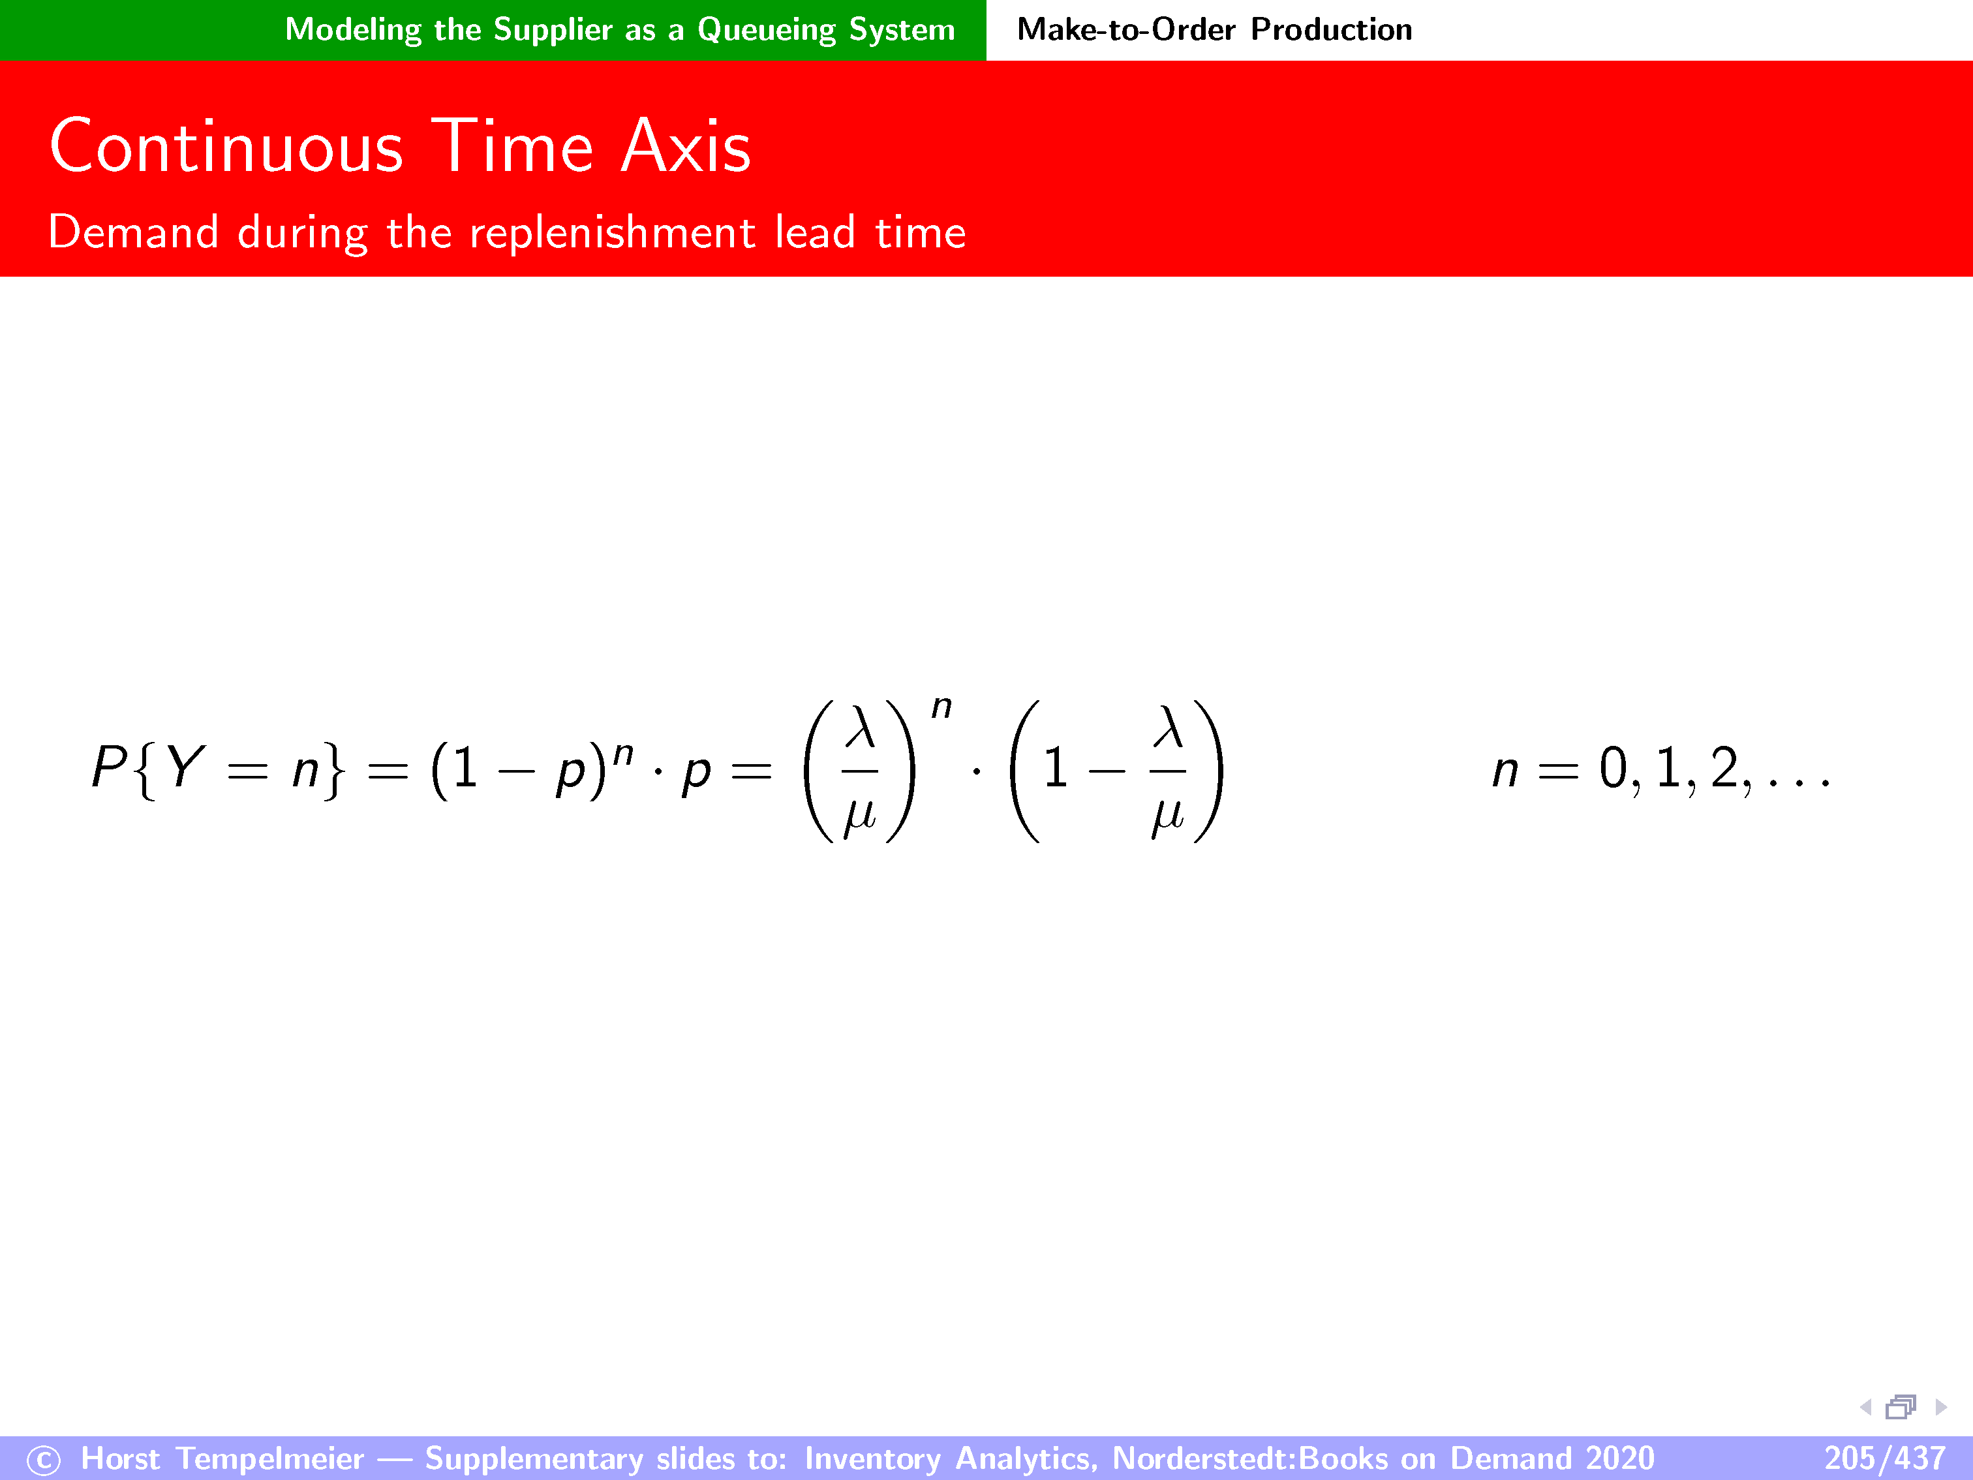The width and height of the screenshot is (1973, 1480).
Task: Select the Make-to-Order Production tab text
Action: pyautogui.click(x=1214, y=29)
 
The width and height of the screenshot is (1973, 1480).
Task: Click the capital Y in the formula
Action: pyautogui.click(x=185, y=767)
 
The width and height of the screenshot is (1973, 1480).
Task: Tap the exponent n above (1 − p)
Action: pyautogui.click(x=624, y=755)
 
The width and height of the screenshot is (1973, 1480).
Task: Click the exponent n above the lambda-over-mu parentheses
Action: pyautogui.click(x=941, y=708)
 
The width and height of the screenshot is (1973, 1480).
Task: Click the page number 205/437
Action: pyautogui.click(x=1884, y=1458)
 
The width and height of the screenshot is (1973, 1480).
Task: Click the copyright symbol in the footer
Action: pyautogui.click(x=44, y=1460)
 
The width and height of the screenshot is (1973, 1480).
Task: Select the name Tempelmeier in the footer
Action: pyautogui.click(x=270, y=1458)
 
